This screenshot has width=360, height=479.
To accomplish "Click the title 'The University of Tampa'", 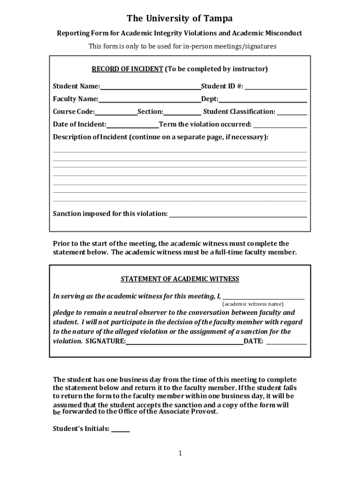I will (x=180, y=19).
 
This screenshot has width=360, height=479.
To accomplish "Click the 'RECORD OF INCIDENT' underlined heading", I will (x=127, y=69).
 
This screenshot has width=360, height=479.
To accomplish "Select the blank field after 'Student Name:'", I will (x=150, y=87).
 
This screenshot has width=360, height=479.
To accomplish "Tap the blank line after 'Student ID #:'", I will (x=276, y=87).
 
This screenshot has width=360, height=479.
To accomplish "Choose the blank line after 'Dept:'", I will (x=263, y=99).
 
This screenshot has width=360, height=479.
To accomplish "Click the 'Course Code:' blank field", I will (x=116, y=112).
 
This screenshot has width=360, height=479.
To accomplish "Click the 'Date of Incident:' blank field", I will (x=133, y=124).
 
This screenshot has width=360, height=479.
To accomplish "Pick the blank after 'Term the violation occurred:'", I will (x=280, y=124).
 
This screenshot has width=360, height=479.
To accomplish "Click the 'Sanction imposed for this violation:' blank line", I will (x=238, y=214).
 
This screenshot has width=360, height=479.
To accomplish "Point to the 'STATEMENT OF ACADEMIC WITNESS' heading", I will (x=180, y=279).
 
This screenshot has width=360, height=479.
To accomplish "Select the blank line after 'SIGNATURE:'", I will (x=184, y=341).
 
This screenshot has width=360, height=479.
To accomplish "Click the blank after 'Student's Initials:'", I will (x=121, y=429).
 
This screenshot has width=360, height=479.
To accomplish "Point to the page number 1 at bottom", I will (x=180, y=453).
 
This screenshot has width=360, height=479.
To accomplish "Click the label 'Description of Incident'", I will (x=90, y=137).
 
